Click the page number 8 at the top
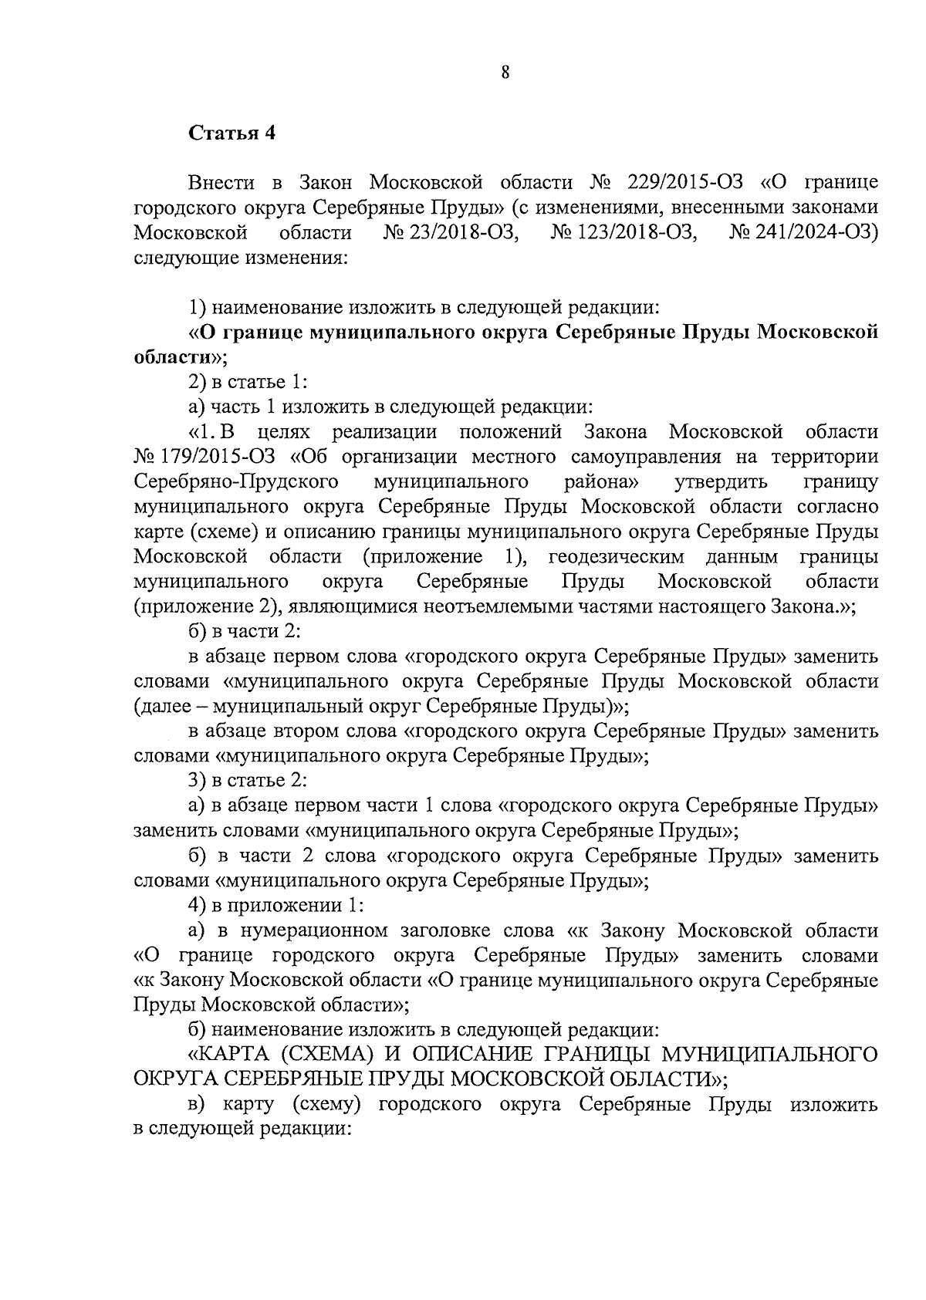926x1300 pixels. pyautogui.click(x=505, y=73)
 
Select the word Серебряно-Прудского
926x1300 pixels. pyautogui.click(x=236, y=481)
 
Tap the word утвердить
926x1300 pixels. pyautogui.click(x=721, y=481)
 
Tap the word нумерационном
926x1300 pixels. pyautogui.click(x=315, y=930)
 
